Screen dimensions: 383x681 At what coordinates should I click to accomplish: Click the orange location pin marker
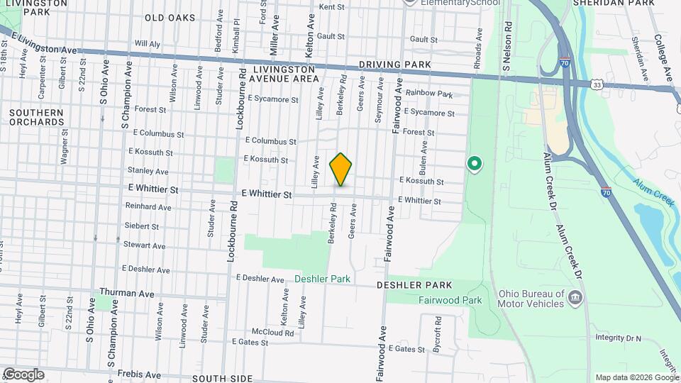341,169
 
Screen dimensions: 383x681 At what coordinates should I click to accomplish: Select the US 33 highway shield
597,84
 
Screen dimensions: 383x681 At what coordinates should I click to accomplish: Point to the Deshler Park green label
323,279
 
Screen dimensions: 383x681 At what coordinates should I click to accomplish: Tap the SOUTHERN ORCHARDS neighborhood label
38,117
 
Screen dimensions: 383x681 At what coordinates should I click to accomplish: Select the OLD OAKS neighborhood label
170,17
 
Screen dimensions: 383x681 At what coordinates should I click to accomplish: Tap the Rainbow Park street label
429,94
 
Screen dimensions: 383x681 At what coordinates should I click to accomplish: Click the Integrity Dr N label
618,338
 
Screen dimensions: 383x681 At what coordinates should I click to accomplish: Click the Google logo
23,374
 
